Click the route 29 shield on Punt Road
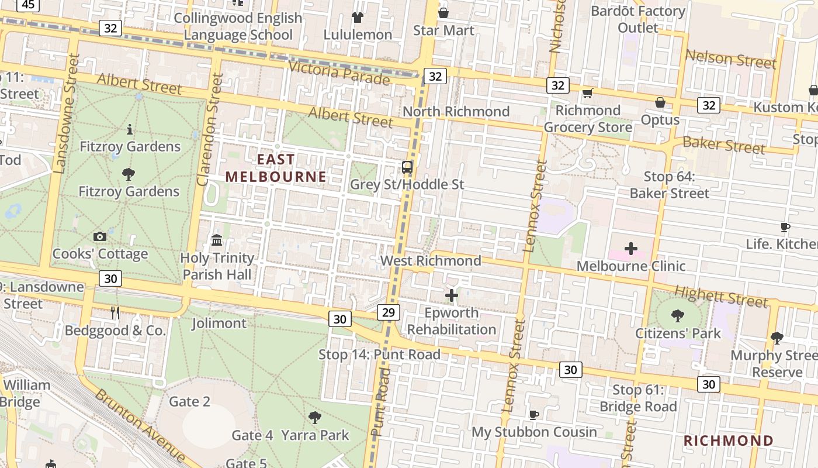[x=389, y=312]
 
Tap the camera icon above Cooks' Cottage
[x=100, y=236]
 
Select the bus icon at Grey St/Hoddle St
[x=407, y=167]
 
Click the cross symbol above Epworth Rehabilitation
[x=452, y=295]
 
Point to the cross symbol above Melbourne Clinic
[x=630, y=249]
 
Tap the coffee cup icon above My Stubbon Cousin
[x=533, y=415]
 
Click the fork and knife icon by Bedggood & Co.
[x=115, y=313]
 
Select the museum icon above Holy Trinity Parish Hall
[x=217, y=240]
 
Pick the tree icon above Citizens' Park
[x=678, y=316]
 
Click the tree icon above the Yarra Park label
[x=315, y=417]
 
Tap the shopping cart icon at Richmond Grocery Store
[x=588, y=94]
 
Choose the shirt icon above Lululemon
[x=357, y=18]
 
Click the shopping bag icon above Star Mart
[x=443, y=13]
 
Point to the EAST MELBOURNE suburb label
[x=276, y=168]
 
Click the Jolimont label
[x=219, y=323]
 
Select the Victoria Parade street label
[x=339, y=73]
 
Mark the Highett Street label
[x=721, y=297]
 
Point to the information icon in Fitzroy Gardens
[x=129, y=129]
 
